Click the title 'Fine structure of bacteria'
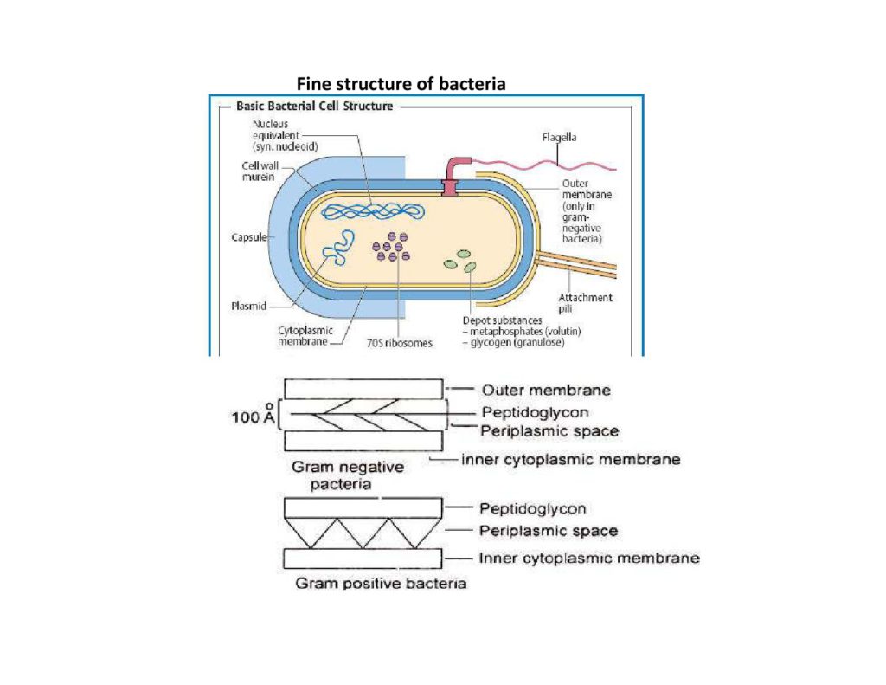(401, 84)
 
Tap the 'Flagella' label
(559, 137)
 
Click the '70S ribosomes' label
(398, 343)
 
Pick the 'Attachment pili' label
(591, 303)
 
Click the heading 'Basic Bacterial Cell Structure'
(314, 107)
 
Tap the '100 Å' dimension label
(251, 417)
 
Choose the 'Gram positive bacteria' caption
(381, 583)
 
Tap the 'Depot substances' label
(504, 320)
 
